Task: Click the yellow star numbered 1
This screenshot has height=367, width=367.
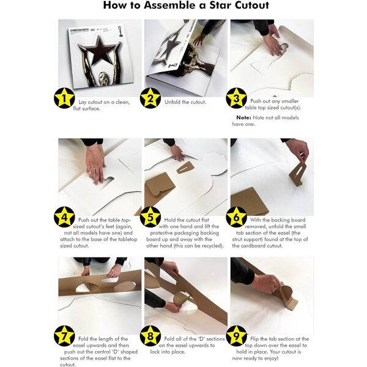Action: [64, 98]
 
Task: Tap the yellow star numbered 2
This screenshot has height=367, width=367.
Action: [150, 98]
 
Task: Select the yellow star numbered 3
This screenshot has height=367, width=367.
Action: [236, 98]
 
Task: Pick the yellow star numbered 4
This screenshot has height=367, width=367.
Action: [64, 217]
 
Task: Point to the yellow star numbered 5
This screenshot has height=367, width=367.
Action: [150, 217]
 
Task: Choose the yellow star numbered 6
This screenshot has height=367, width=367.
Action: [236, 217]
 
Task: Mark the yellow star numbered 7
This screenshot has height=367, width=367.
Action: [64, 336]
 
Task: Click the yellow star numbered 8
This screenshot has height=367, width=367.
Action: [150, 336]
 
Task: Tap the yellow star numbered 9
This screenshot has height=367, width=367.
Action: [236, 336]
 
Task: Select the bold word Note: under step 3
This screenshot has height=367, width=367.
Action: [243, 117]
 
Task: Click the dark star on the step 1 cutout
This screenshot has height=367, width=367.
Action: [98, 51]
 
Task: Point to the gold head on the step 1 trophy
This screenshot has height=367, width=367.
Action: [103, 78]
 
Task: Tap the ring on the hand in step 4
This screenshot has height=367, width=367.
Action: [93, 168]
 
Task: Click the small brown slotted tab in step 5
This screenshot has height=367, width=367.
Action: [185, 168]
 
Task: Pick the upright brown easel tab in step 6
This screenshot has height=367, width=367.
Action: [298, 174]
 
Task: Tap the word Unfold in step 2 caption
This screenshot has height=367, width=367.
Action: [172, 102]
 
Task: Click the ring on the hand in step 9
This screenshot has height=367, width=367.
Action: [273, 289]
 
